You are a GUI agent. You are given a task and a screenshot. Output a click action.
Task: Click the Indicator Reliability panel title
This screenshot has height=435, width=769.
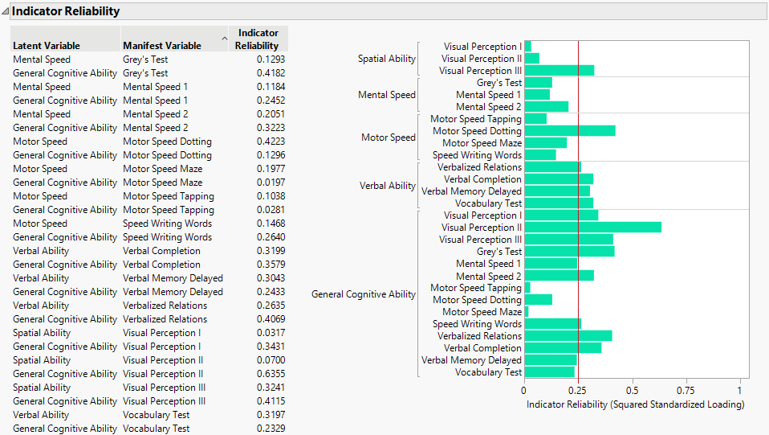pyautogui.click(x=66, y=11)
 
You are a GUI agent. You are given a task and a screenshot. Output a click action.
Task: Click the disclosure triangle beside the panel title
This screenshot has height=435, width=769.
pyautogui.click(x=6, y=11)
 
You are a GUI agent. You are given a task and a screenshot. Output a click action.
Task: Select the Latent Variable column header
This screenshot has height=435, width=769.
pyautogui.click(x=47, y=46)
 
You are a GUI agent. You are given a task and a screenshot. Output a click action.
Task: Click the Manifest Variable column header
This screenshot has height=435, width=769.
pyautogui.click(x=162, y=46)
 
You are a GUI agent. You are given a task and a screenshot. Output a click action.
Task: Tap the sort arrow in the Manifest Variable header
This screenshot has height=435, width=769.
pyautogui.click(x=225, y=37)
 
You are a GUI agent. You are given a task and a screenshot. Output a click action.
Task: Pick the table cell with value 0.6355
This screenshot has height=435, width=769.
pyautogui.click(x=271, y=374)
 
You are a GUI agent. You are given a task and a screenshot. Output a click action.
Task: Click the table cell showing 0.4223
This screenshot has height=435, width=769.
pyautogui.click(x=271, y=142)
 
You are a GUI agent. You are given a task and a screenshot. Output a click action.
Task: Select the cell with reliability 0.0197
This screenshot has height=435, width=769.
pyautogui.click(x=271, y=183)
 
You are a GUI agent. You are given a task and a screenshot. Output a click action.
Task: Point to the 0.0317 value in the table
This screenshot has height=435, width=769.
pyautogui.click(x=271, y=333)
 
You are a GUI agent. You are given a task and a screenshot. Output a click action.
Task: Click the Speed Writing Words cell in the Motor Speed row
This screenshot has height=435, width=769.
pyautogui.click(x=168, y=224)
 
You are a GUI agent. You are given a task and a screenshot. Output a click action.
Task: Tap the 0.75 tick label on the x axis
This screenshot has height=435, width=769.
pyautogui.click(x=686, y=391)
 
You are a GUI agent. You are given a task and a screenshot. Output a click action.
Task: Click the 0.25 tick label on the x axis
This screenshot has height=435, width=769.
pyautogui.click(x=578, y=391)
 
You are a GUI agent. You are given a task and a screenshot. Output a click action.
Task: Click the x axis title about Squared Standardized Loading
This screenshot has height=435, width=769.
pyautogui.click(x=635, y=404)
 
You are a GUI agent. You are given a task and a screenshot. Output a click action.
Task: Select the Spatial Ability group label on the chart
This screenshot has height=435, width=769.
pyautogui.click(x=387, y=59)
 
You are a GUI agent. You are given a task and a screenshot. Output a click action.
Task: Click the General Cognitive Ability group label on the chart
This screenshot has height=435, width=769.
pyautogui.click(x=364, y=294)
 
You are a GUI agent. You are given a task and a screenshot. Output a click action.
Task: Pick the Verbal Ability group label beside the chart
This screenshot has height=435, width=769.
pyautogui.click(x=388, y=186)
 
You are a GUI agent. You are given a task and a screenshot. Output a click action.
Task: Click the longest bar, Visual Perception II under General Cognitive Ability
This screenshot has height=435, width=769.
pyautogui.click(x=592, y=228)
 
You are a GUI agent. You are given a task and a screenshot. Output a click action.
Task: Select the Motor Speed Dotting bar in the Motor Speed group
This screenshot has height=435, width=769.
pyautogui.click(x=569, y=131)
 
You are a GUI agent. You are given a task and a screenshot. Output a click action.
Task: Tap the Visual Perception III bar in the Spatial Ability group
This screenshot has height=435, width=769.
pyautogui.click(x=559, y=71)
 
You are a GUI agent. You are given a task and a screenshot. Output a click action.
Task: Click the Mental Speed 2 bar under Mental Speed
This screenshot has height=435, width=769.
pyautogui.click(x=546, y=107)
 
